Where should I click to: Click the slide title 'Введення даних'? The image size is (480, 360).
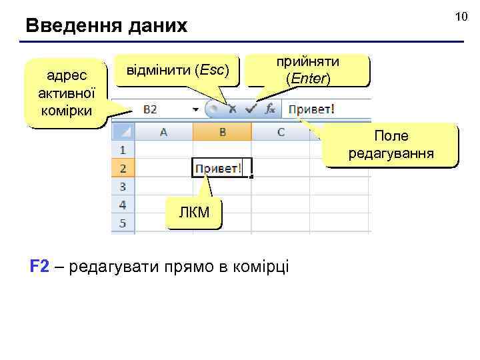pos(107,27)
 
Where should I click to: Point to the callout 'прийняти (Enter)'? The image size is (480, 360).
pos(308,69)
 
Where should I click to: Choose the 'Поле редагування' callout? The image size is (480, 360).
pos(391,145)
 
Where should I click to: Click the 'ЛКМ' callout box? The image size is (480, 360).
pos(194,213)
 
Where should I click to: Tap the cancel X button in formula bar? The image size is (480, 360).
pos(231,109)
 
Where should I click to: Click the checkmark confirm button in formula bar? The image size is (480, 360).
pos(251,109)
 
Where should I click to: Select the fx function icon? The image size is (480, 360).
pos(270,109)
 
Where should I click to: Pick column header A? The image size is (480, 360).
pos(163,132)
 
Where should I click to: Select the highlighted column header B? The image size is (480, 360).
pos(222,132)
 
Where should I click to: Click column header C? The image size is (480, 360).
pos(281,132)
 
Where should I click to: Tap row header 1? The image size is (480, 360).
pos(123,151)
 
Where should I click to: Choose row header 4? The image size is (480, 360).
pos(123,205)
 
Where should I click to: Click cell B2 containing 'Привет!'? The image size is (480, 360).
pos(218,169)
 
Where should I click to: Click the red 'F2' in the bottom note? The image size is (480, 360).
pos(40,267)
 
